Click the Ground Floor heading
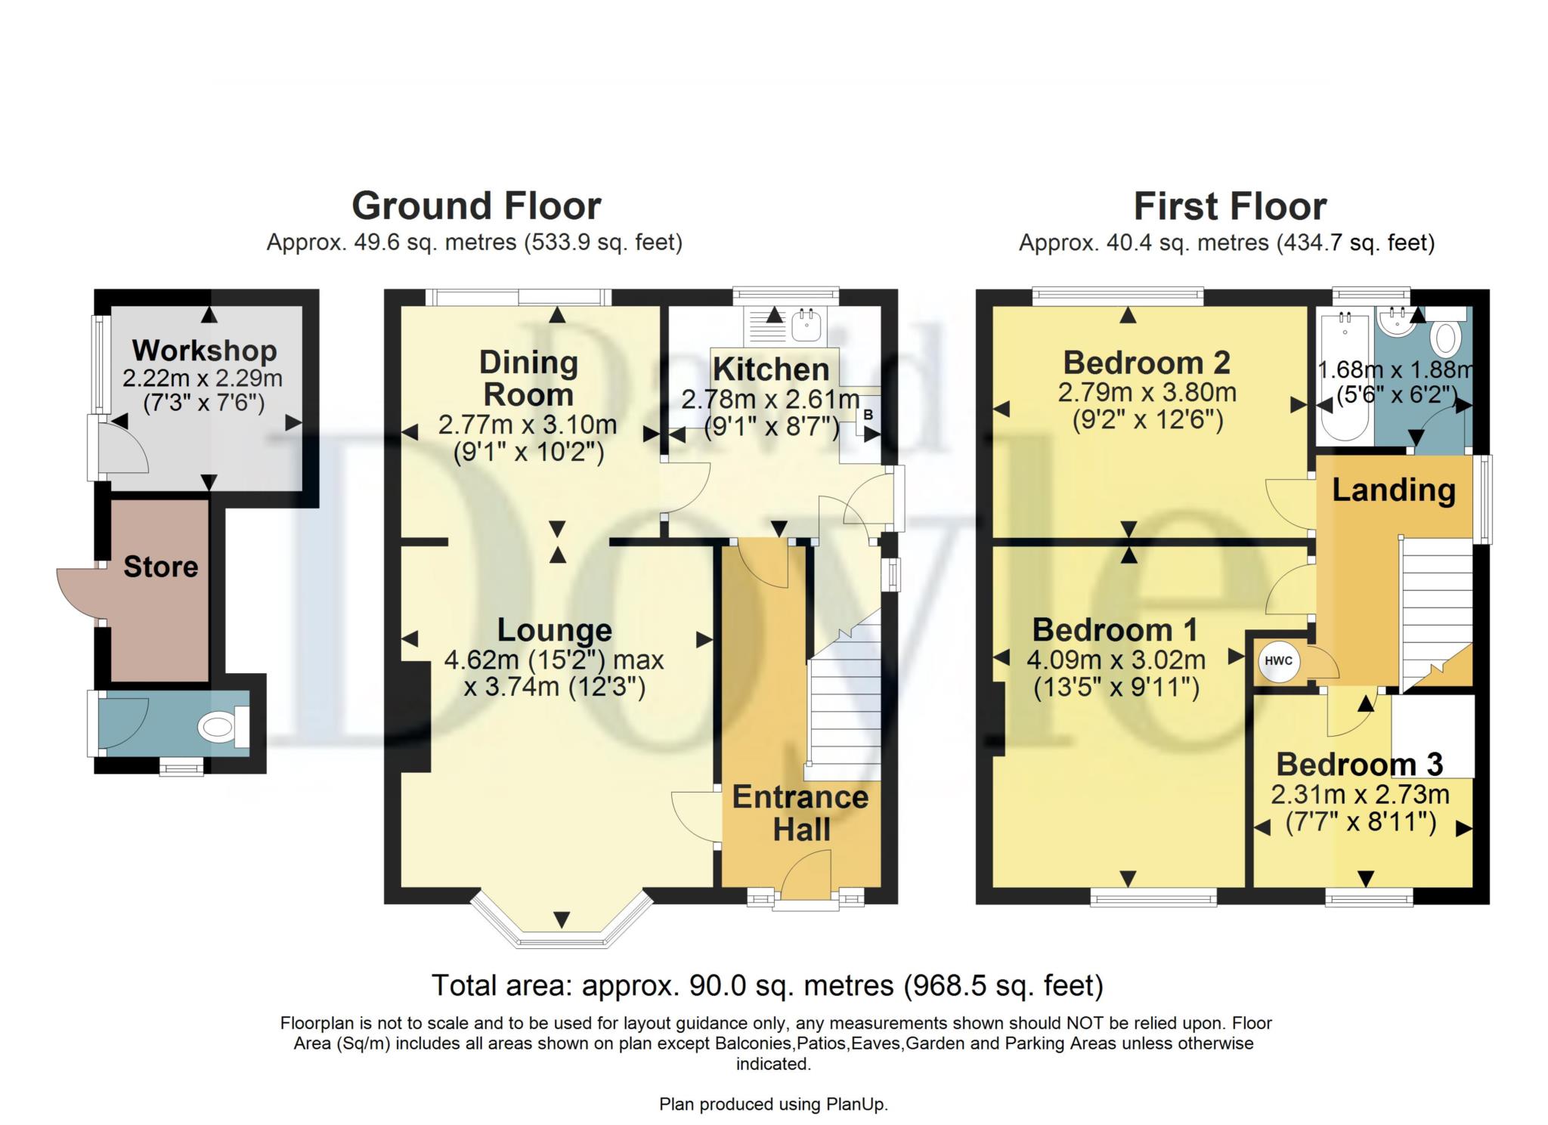[476, 206]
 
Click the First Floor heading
[1230, 206]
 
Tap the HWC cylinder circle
[1278, 661]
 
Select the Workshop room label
[204, 351]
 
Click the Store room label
[160, 567]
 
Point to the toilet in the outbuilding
[218, 728]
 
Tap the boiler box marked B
[868, 415]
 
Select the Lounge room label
[555, 630]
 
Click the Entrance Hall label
[800, 813]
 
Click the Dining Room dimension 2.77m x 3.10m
[528, 425]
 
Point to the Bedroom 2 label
[1147, 363]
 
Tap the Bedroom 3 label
[1359, 765]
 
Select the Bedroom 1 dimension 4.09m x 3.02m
[1116, 660]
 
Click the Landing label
[1393, 490]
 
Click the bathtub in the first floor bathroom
[1343, 378]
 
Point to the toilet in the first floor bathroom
[1445, 338]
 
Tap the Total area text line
[767, 986]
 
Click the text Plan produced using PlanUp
[773, 1105]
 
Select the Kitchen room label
[771, 369]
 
